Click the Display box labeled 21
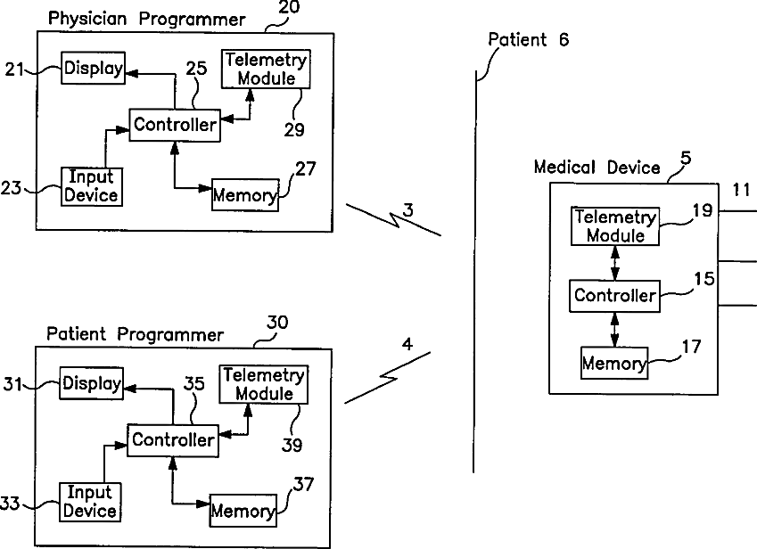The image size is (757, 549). pos(93,69)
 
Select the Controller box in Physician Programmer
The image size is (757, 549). pos(175,125)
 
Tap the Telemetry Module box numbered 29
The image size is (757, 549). pos(266,69)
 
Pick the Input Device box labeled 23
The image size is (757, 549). pos(90,186)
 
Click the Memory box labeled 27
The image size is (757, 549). pos(244,193)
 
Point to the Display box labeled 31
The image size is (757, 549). pos(91,384)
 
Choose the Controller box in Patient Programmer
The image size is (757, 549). pos(172,439)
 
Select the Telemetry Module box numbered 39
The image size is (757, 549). pos(263,384)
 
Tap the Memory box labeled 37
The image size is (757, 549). pos(243,511)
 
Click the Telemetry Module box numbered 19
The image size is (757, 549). pos(615,226)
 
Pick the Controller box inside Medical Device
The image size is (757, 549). pos(615,295)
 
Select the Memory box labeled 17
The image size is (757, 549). pos(613,363)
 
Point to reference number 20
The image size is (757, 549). pos(289,8)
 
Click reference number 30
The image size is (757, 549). pos(276,324)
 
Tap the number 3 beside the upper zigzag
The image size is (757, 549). pos(407,210)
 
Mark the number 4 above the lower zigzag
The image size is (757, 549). pos(407,341)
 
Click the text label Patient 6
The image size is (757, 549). pos(528,39)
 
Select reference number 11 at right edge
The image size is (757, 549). pos(741,189)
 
